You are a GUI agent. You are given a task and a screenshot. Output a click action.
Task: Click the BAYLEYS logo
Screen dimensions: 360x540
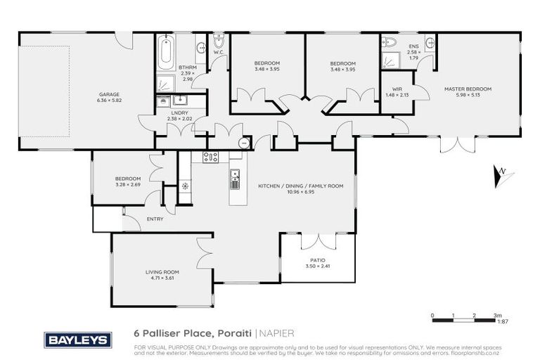point(78,340)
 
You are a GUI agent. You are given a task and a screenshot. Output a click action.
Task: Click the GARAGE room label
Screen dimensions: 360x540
point(108,94)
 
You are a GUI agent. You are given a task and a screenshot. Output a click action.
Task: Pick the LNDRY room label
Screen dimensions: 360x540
point(177,113)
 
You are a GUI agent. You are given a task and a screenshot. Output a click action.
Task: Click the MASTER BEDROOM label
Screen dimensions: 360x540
point(467,89)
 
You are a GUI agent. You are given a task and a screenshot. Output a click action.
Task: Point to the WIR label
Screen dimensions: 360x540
point(392,90)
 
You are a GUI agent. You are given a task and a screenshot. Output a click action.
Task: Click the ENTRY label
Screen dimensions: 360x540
point(154,219)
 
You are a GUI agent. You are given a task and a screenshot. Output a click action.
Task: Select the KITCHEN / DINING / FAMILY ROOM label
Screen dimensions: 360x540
point(300,186)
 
